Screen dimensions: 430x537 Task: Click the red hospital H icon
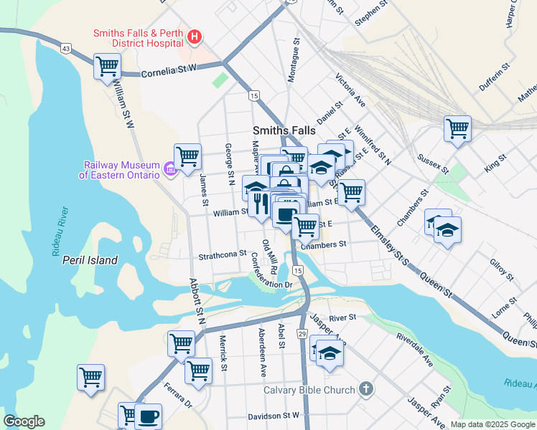click(x=193, y=37)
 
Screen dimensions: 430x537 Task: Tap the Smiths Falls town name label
click(x=282, y=130)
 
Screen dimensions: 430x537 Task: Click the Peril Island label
click(x=90, y=260)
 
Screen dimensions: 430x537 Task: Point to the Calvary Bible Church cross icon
click(x=365, y=390)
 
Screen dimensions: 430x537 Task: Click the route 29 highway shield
click(x=302, y=334)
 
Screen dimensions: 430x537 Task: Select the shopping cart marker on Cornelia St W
click(x=107, y=66)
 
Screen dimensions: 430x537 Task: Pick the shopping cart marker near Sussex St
click(x=457, y=128)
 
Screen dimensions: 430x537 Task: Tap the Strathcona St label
click(x=223, y=254)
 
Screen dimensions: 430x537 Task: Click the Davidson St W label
click(x=273, y=416)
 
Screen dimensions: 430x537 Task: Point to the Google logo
click(x=24, y=421)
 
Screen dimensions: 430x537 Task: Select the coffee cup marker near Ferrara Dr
click(x=149, y=416)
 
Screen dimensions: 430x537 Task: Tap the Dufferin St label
click(x=494, y=75)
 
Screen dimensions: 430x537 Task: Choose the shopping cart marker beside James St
click(x=187, y=156)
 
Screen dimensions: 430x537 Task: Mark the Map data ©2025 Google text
click(x=492, y=424)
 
